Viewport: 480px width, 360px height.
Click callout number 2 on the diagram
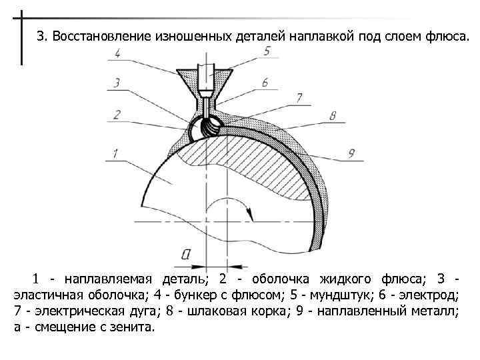117,115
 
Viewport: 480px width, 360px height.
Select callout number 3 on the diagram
117,83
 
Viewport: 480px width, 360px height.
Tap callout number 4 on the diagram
117,54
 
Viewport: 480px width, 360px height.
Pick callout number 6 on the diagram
265,83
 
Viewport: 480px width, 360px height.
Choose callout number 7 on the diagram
299,97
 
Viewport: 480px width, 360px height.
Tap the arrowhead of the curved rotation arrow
251,215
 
